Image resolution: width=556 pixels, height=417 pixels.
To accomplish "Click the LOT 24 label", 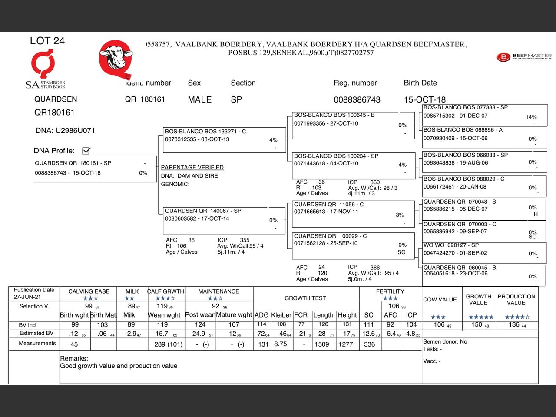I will coord(47,41).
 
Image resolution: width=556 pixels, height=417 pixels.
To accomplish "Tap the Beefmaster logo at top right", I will coord(524,57).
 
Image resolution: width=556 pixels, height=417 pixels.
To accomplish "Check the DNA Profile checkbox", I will coord(86,151).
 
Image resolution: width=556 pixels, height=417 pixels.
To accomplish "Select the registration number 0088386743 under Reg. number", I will coord(357,99).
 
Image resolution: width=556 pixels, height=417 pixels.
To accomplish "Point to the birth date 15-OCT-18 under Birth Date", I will coord(424,99).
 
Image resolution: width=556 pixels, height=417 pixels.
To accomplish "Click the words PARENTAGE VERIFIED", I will coord(192,167).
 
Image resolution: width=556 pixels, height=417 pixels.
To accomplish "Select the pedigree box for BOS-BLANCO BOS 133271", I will coord(224,139).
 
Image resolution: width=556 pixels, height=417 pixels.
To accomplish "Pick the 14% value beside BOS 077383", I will coord(531,117).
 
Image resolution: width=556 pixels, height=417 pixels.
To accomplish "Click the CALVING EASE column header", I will coord(89,291).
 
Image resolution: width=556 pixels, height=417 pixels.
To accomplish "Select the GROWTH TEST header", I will coord(305,298).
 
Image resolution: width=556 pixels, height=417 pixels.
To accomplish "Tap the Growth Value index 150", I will coord(477,324).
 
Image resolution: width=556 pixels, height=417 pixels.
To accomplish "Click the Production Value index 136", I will coord(514,324).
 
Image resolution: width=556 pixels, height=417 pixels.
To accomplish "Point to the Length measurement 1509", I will coord(322,344).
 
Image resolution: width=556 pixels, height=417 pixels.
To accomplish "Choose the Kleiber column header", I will coord(281,315).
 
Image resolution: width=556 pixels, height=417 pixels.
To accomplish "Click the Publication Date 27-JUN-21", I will coord(27,297).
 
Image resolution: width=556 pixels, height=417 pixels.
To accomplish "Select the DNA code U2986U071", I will coord(75,130).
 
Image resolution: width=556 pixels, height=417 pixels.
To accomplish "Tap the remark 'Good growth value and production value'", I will coord(119,366).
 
